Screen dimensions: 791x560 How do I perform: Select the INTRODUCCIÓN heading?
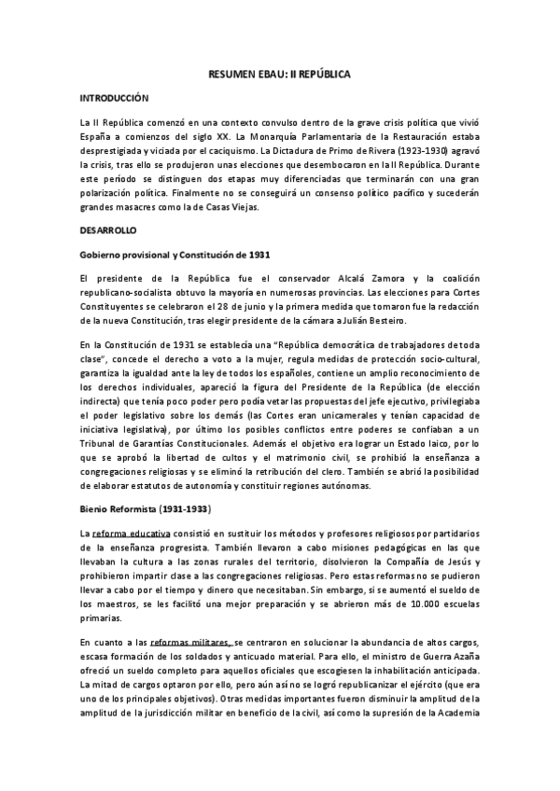point(114,97)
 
